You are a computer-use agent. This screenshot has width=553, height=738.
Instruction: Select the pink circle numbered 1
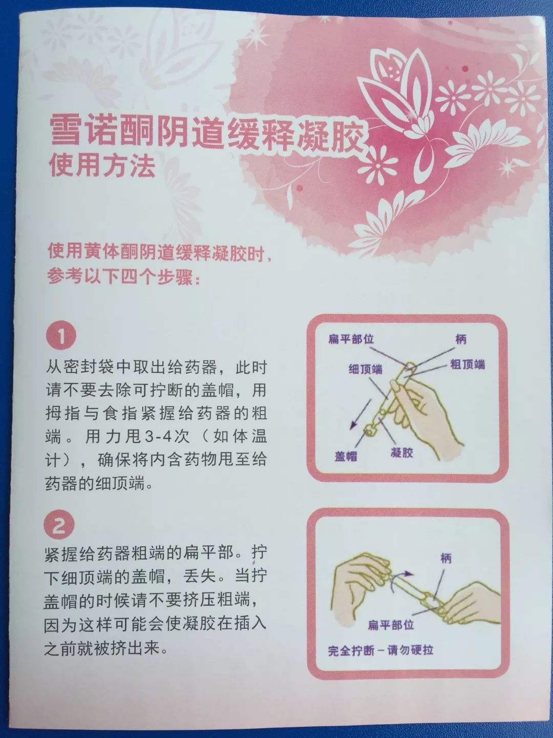61,337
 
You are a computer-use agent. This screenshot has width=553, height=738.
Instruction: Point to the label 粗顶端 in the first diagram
467,364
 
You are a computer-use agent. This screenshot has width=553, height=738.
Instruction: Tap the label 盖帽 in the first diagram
346,456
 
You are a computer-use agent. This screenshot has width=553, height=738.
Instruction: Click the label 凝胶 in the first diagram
401,452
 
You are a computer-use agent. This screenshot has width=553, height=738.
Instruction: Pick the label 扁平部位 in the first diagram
351,339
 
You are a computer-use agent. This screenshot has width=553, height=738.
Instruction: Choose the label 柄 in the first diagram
460,339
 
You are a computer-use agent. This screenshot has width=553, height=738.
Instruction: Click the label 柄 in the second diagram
446,558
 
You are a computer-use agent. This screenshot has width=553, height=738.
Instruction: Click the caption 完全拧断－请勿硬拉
380,650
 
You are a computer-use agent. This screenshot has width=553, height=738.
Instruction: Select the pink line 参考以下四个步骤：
125,278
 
